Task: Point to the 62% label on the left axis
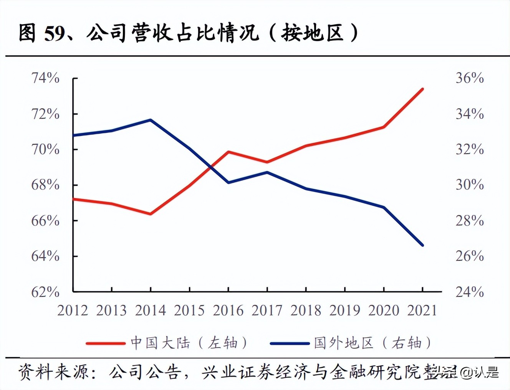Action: coord(45,292)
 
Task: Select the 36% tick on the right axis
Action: coord(469,78)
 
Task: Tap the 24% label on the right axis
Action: coord(469,292)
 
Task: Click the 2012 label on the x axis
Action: coord(73,311)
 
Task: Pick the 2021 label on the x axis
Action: coord(422,311)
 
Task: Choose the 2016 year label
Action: coord(228,311)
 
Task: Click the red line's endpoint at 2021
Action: coord(422,89)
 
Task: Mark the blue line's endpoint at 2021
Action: coord(422,245)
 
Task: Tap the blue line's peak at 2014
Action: coord(150,120)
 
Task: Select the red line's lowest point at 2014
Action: coord(150,214)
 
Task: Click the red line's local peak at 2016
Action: coord(228,152)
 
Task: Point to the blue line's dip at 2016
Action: coord(228,182)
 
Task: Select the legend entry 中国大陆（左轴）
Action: coord(167,343)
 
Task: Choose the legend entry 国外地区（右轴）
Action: coord(351,343)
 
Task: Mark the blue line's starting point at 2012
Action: coord(73,135)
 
